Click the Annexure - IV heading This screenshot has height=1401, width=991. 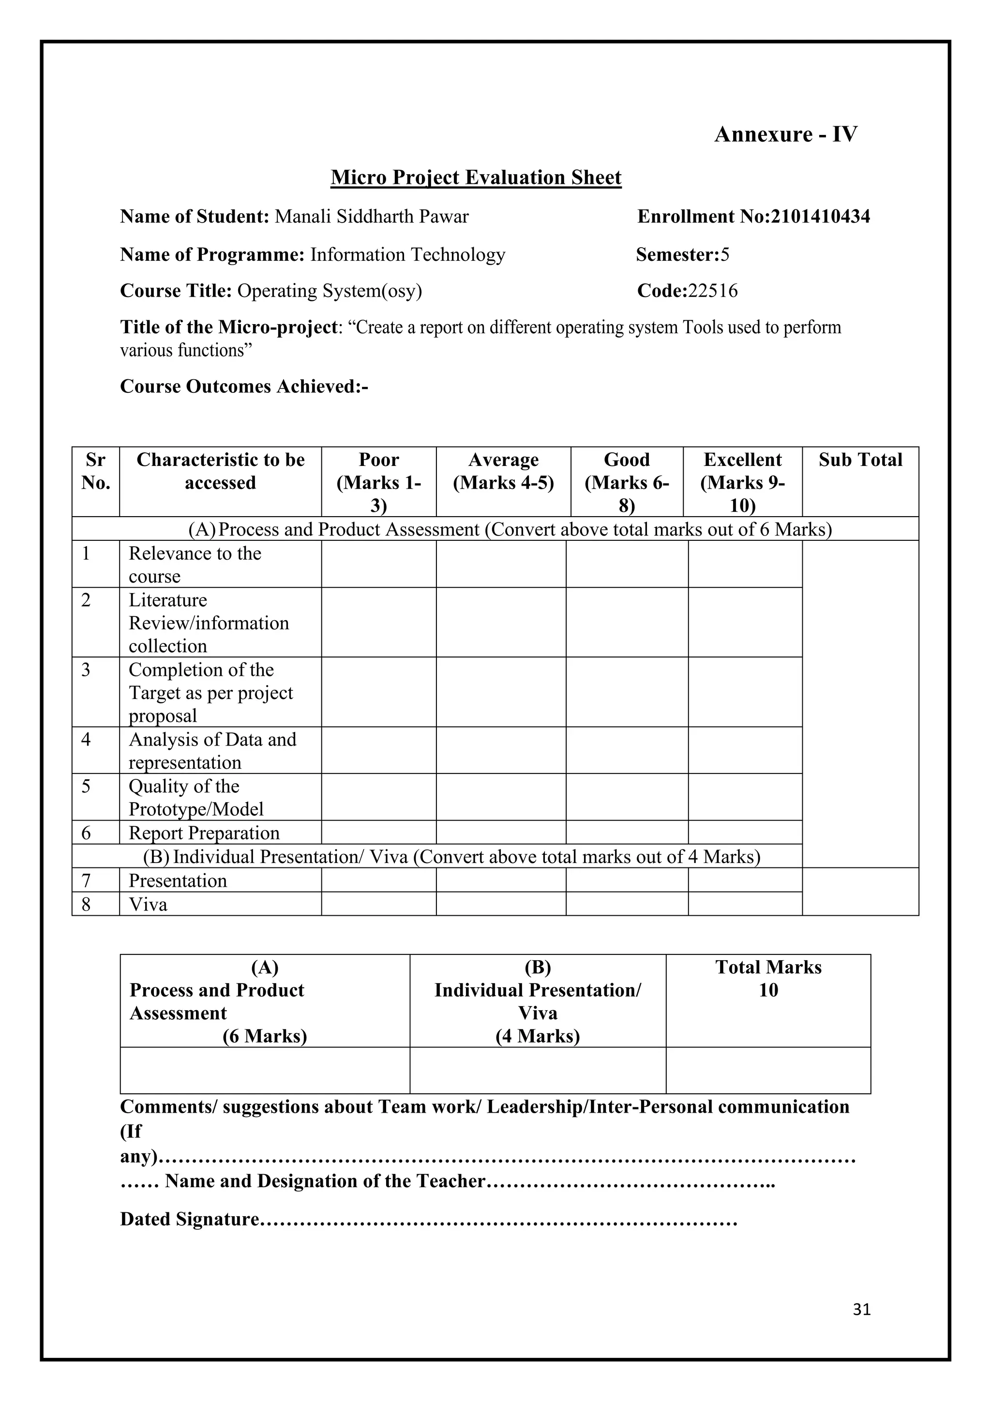point(785,134)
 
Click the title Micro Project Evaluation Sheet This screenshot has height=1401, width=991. point(476,178)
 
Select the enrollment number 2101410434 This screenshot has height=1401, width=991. point(820,217)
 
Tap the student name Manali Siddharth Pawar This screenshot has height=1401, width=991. point(372,217)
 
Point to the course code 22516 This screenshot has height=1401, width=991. point(712,290)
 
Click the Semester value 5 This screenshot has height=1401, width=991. point(724,254)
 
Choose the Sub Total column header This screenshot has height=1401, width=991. point(860,460)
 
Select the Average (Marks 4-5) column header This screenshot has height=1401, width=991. point(503,471)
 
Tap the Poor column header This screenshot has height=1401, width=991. point(378,482)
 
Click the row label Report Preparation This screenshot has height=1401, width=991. point(204,833)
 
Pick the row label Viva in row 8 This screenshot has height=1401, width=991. point(148,904)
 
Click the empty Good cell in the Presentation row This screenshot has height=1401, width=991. point(627,880)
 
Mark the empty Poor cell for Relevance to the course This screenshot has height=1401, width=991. point(378,565)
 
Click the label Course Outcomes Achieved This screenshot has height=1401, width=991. point(243,387)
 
